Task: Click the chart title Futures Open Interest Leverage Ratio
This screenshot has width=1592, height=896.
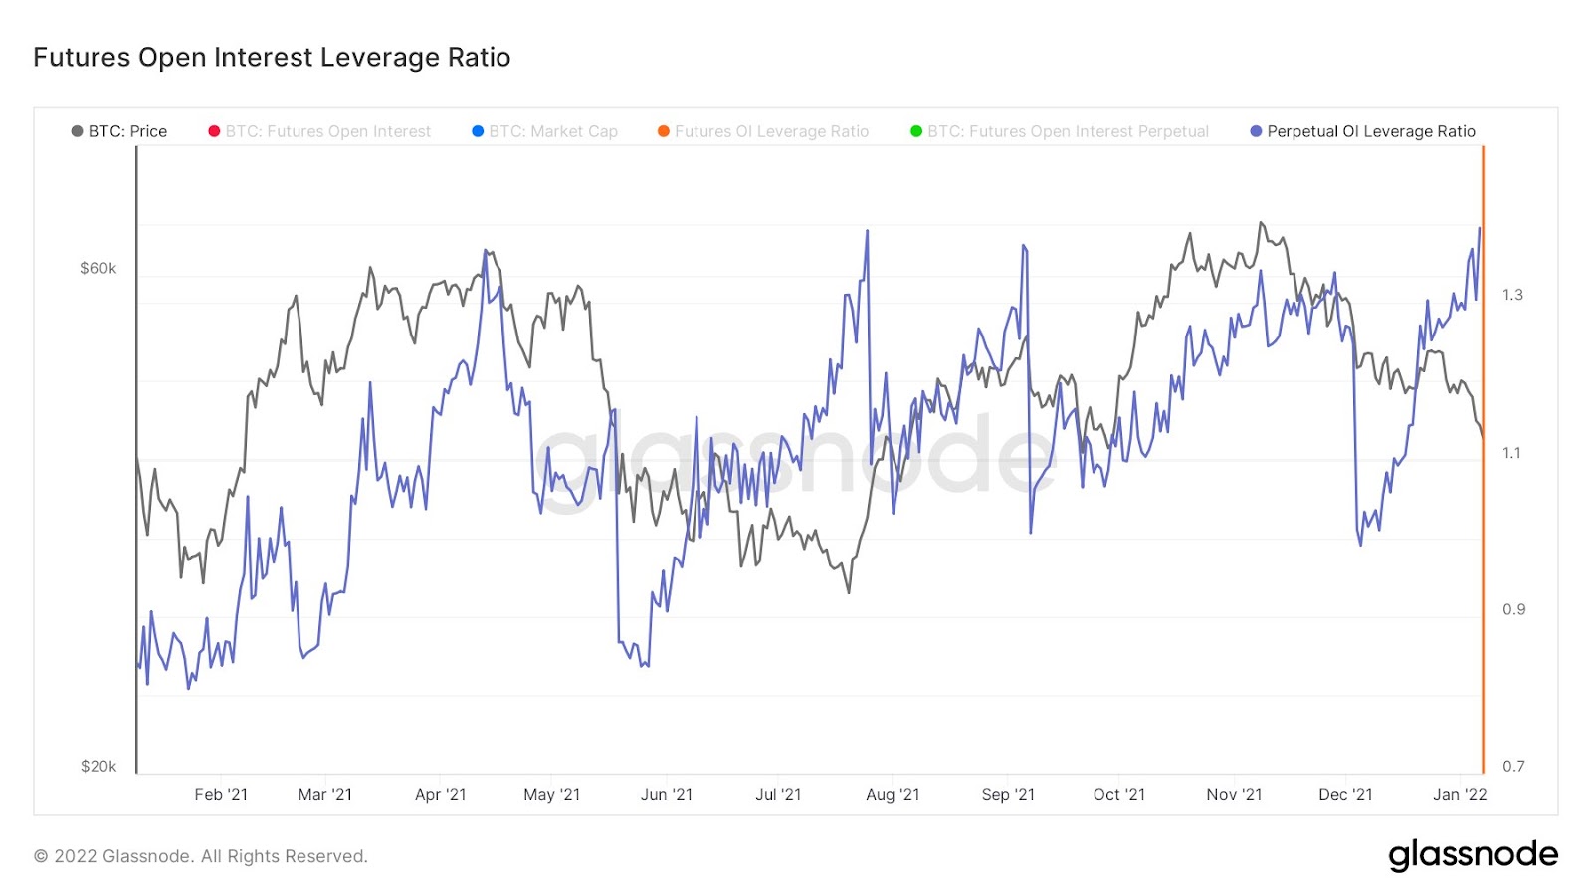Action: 272,58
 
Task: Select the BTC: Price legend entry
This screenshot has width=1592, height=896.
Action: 119,131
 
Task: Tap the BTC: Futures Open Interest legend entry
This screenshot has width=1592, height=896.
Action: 319,131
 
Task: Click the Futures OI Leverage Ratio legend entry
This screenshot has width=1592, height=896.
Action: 763,131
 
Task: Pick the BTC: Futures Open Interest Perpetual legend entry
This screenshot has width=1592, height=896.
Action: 1060,131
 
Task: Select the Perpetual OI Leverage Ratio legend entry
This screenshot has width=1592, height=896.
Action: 1362,131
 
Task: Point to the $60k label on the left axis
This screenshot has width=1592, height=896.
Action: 99,268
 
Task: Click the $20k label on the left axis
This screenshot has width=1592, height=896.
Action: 99,766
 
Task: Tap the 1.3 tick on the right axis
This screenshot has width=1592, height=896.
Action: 1512,295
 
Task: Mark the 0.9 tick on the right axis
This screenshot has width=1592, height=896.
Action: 1513,609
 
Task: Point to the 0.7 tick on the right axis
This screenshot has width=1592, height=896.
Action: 1513,766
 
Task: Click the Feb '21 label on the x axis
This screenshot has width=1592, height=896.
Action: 221,794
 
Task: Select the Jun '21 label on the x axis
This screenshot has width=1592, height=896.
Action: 667,794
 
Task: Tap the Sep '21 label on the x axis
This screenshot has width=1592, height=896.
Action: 1008,794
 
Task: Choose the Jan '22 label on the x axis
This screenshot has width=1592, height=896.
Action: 1460,794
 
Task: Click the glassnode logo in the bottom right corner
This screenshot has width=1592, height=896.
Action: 1473,855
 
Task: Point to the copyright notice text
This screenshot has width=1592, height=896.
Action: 201,856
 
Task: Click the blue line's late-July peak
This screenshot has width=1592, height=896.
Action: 867,232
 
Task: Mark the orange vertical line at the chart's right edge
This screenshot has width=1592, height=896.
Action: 1483,458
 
